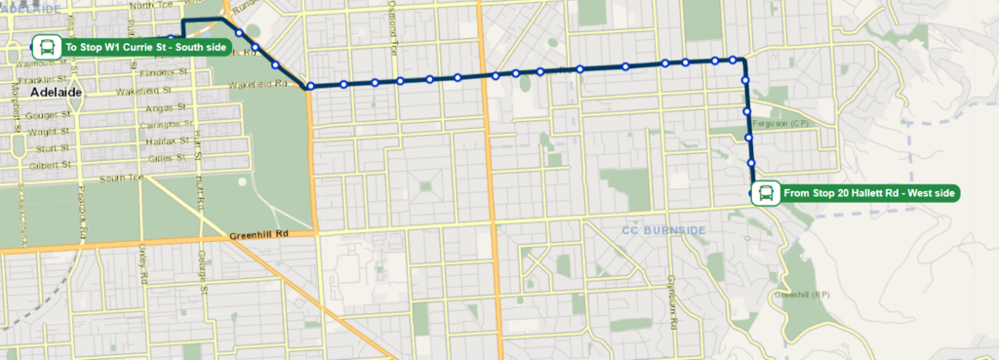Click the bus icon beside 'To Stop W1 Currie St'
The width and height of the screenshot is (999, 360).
[46, 46]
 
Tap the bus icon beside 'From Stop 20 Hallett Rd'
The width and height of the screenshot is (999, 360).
[766, 193]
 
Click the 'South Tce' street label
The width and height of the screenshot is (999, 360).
[121, 177]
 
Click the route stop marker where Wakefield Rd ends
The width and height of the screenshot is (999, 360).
[310, 86]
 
